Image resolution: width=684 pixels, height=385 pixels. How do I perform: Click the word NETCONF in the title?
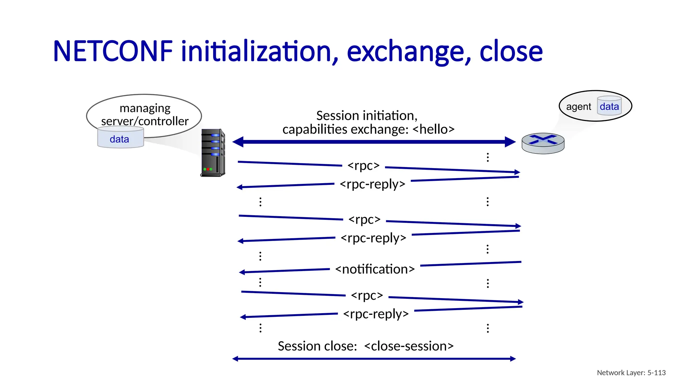click(113, 52)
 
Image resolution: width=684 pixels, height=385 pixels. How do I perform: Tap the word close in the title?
click(511, 52)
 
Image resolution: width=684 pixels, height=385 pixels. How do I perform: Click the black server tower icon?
click(213, 153)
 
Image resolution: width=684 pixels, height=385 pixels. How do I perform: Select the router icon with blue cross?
click(543, 143)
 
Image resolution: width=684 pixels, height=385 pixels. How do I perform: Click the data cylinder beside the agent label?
click(609, 106)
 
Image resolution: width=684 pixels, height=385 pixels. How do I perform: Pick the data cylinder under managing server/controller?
click(120, 138)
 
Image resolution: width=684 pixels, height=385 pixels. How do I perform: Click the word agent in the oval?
click(578, 107)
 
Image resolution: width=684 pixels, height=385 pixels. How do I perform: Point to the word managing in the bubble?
click(145, 108)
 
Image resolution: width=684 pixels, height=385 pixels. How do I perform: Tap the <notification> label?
click(375, 269)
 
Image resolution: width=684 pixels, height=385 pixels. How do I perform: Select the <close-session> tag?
click(409, 346)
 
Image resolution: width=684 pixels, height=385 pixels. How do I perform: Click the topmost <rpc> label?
click(363, 165)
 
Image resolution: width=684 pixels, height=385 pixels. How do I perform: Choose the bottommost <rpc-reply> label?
click(376, 314)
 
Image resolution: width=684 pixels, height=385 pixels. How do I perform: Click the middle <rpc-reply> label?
click(373, 238)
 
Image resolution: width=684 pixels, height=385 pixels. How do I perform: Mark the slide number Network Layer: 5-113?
click(631, 373)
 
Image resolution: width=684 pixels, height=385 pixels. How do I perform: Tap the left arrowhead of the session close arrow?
click(235, 359)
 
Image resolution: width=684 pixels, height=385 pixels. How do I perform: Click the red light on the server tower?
click(208, 169)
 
